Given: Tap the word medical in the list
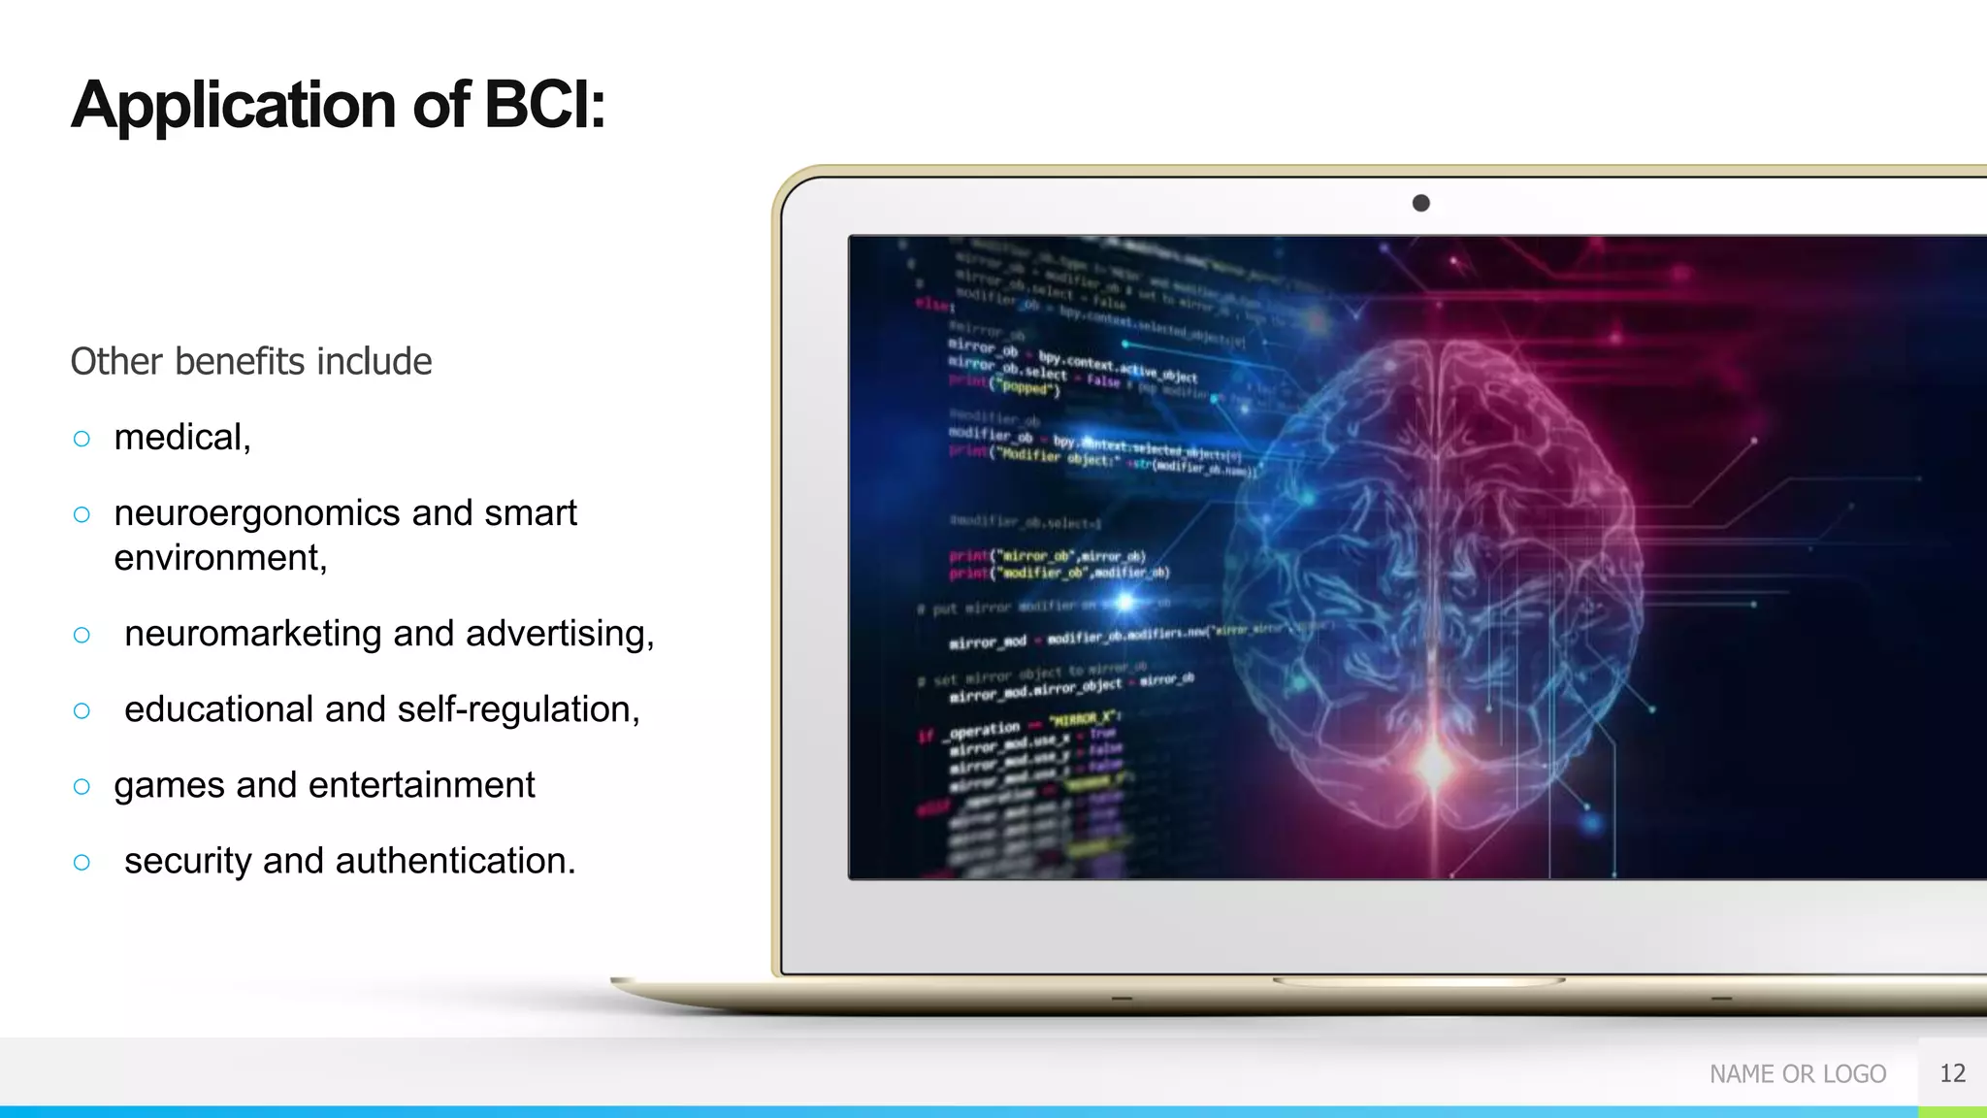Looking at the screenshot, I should pyautogui.click(x=179, y=438).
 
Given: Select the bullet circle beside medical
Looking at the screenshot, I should pyautogui.click(x=81, y=439).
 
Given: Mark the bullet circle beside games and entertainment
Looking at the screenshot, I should pyautogui.click(x=81, y=786).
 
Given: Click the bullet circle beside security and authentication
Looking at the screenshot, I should pyautogui.click(x=81, y=862).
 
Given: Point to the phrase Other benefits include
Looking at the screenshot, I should pyautogui.click(x=251, y=361).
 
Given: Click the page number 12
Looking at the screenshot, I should pyautogui.click(x=1952, y=1073).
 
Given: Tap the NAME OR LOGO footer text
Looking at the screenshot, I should pyautogui.click(x=1797, y=1073).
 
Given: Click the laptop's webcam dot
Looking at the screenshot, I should pyautogui.click(x=1421, y=203).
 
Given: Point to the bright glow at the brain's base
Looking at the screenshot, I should pyautogui.click(x=1435, y=763).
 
